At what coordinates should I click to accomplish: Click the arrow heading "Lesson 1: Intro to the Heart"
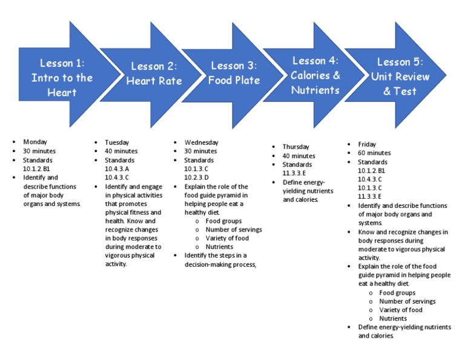click(62, 78)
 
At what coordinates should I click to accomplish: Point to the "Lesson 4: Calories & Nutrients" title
click(315, 75)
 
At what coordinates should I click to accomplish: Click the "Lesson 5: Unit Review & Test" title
click(400, 76)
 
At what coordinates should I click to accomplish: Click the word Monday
click(35, 142)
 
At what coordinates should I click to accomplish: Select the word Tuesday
click(117, 142)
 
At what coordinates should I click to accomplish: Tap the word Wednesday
click(202, 142)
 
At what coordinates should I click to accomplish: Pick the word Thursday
click(296, 147)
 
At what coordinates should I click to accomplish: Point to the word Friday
click(367, 144)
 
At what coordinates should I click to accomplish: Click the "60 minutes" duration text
click(374, 153)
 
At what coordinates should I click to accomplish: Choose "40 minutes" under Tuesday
click(121, 151)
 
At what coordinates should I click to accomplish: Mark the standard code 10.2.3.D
click(196, 178)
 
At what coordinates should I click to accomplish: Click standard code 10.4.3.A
click(117, 168)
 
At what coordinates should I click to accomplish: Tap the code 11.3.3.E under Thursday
click(294, 173)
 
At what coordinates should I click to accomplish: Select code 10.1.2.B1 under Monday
click(36, 168)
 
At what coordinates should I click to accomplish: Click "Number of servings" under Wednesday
click(234, 230)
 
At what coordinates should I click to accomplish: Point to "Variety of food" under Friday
click(401, 310)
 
